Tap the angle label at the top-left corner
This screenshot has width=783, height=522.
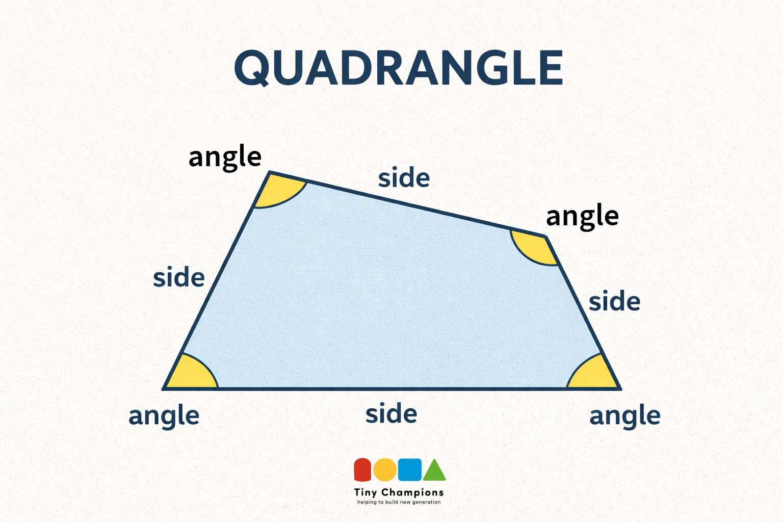(x=225, y=157)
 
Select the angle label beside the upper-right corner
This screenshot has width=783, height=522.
(x=582, y=216)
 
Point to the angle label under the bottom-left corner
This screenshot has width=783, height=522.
(x=164, y=415)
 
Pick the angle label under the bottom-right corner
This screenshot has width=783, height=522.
(x=625, y=415)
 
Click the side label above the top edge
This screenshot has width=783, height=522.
(x=404, y=177)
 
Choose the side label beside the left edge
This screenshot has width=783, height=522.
(x=178, y=277)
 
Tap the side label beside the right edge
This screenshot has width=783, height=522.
(x=614, y=301)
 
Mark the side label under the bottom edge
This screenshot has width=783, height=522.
(x=391, y=413)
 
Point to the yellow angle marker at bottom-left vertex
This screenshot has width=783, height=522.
(x=193, y=374)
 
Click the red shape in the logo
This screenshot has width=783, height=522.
(x=362, y=469)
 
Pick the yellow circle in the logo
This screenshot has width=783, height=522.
(x=385, y=469)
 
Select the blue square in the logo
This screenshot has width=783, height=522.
(x=410, y=469)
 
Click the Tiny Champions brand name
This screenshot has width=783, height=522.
(x=399, y=492)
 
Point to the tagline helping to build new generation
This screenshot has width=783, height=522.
(x=399, y=502)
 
